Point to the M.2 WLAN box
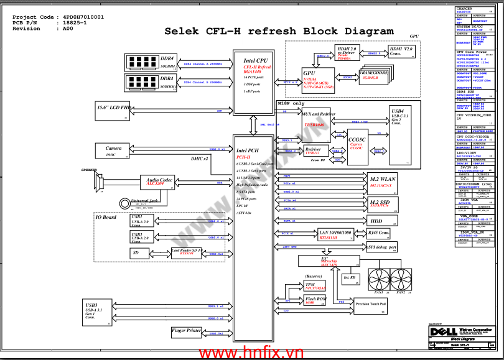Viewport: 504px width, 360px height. click(383, 181)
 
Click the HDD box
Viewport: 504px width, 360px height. click(383, 221)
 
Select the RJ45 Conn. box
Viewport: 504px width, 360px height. click(379, 233)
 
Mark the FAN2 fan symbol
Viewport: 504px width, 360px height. click(402, 278)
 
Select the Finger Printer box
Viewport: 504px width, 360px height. click(187, 331)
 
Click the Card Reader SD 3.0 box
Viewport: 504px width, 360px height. click(188, 252)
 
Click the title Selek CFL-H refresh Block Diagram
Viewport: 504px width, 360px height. click(279, 31)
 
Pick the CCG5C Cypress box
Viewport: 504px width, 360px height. click(357, 144)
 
